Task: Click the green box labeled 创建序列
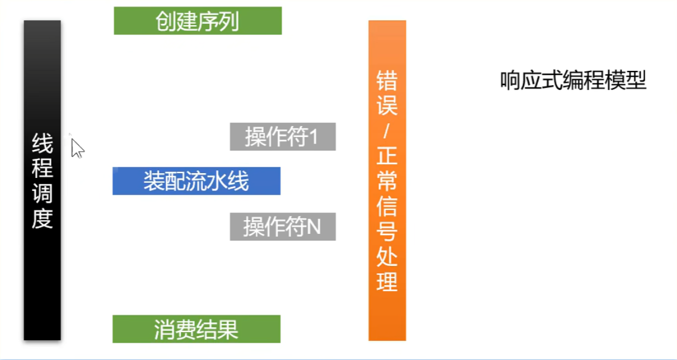[x=198, y=21]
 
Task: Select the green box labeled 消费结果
[x=196, y=329]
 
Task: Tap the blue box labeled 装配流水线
[x=196, y=181]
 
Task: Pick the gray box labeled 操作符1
[x=283, y=137]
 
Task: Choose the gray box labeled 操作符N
[x=283, y=227]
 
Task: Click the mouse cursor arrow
[x=77, y=148]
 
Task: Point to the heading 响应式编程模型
[x=573, y=80]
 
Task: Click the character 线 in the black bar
[x=42, y=143]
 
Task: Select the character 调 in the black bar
[x=42, y=193]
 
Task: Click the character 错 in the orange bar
[x=387, y=80]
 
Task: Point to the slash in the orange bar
[x=387, y=131]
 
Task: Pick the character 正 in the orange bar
[x=387, y=156]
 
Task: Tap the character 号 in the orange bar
[x=387, y=231]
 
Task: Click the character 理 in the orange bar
[x=387, y=281]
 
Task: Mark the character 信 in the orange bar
[x=387, y=206]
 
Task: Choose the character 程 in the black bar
[x=42, y=168]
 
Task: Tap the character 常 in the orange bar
[x=387, y=181]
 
